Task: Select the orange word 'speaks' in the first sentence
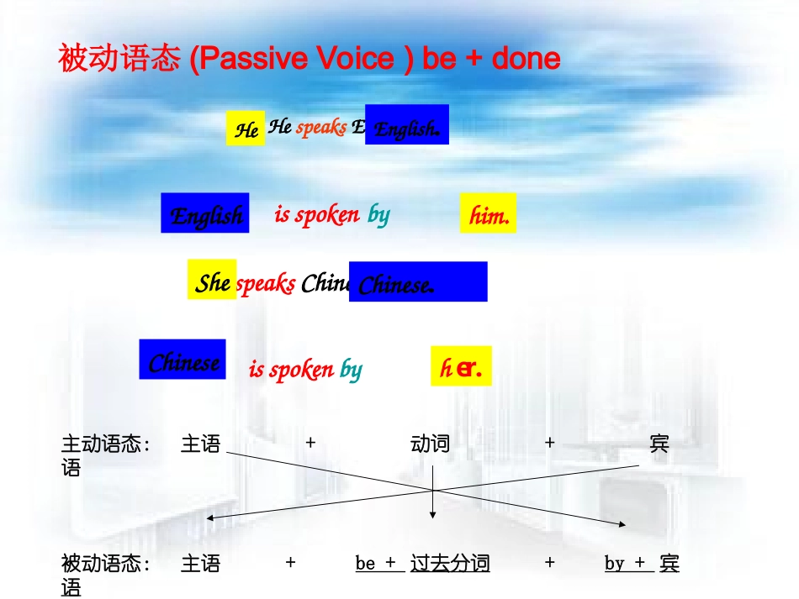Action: point(321,128)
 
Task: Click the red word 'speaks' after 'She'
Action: point(266,283)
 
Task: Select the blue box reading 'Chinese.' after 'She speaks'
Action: point(418,282)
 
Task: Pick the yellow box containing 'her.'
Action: point(461,366)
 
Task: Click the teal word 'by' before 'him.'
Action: point(378,215)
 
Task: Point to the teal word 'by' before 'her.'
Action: point(351,369)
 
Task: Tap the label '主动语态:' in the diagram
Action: point(106,444)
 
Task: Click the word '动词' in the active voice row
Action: point(430,444)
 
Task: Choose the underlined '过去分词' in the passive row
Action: point(450,563)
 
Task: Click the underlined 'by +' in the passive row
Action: point(625,563)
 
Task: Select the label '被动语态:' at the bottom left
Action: point(106,563)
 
